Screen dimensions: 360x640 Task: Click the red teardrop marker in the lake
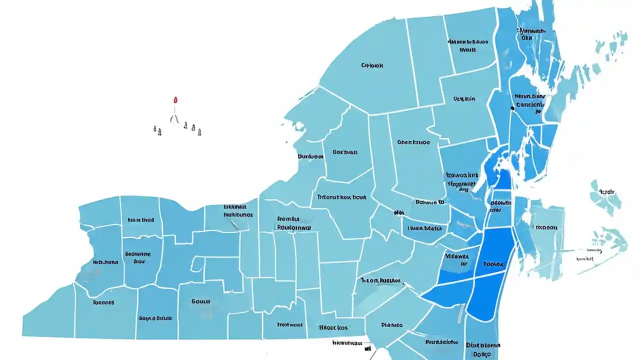(175, 100)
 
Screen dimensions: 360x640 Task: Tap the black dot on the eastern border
(512, 107)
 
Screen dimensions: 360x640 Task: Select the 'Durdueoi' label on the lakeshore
(310, 156)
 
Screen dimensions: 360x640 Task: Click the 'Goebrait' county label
(344, 151)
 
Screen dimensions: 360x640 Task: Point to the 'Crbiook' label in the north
(371, 65)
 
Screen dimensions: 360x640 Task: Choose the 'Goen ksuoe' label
(413, 142)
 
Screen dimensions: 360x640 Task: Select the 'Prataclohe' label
(441, 342)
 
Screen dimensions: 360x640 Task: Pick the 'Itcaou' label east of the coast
(546, 226)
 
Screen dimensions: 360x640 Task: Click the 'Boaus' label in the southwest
(200, 301)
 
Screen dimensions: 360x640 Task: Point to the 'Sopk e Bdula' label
(155, 318)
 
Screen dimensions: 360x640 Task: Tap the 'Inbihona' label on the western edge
(105, 261)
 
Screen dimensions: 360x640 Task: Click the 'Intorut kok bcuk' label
(340, 197)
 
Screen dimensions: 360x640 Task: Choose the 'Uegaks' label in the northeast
(464, 99)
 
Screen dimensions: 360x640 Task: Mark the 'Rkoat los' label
(333, 328)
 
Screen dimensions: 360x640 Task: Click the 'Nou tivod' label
(140, 219)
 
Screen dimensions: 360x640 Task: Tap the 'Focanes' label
(103, 302)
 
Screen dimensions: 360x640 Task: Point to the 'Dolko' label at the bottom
(482, 354)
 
